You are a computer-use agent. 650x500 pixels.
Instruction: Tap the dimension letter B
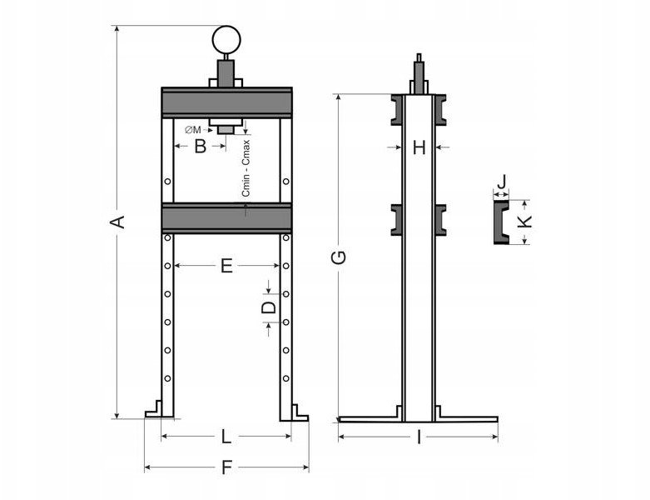(x=201, y=146)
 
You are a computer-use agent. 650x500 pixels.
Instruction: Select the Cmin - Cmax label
(x=246, y=168)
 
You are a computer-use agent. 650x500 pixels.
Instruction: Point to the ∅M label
(x=193, y=130)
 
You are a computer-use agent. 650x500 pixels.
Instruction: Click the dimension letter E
(x=226, y=266)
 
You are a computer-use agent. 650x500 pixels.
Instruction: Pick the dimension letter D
(x=269, y=307)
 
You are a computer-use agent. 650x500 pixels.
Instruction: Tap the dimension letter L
(x=226, y=437)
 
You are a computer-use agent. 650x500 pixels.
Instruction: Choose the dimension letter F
(x=226, y=467)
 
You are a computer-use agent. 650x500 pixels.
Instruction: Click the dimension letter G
(x=339, y=257)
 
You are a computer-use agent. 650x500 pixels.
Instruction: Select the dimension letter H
(x=419, y=147)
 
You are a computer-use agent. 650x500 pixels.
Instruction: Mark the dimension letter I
(x=419, y=437)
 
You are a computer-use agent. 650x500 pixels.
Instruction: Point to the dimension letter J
(x=502, y=182)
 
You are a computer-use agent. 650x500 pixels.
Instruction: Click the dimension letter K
(x=525, y=221)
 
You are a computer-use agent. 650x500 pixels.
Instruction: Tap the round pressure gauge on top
(x=226, y=40)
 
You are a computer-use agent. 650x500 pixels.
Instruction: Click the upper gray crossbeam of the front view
(x=226, y=102)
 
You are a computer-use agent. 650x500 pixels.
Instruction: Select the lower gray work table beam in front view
(x=226, y=218)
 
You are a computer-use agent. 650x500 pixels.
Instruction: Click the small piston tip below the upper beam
(x=226, y=130)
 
